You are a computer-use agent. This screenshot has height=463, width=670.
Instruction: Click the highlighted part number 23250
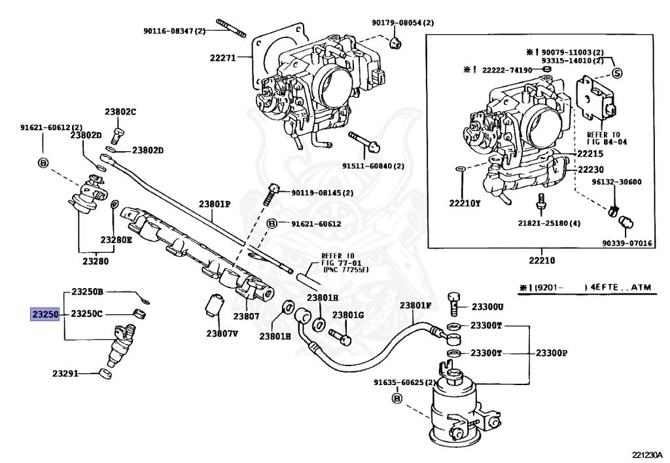(x=45, y=314)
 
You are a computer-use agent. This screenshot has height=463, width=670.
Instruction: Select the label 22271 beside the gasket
(x=222, y=58)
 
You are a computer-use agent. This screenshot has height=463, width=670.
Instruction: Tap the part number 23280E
(x=116, y=240)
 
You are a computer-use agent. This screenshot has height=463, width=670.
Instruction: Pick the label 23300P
(x=552, y=353)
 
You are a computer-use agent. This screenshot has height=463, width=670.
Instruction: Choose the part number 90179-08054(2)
(x=402, y=23)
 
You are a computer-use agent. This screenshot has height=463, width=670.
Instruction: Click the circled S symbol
(x=617, y=73)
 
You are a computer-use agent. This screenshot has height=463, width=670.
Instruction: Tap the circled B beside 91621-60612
(x=272, y=223)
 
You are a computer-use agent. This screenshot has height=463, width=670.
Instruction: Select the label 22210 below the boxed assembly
(x=542, y=261)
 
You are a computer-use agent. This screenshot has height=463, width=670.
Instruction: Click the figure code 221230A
(x=648, y=454)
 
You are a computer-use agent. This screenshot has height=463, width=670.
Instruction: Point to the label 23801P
(x=215, y=204)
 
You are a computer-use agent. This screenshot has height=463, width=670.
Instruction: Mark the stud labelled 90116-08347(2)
(x=231, y=28)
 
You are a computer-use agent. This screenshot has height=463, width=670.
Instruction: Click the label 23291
(x=65, y=374)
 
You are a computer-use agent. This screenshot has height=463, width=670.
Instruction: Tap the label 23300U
(x=487, y=306)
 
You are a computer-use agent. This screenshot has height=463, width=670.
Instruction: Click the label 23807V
(x=222, y=333)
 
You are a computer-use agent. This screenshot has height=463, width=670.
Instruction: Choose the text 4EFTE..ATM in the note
(x=621, y=287)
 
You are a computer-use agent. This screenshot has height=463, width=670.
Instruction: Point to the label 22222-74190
(x=507, y=70)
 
